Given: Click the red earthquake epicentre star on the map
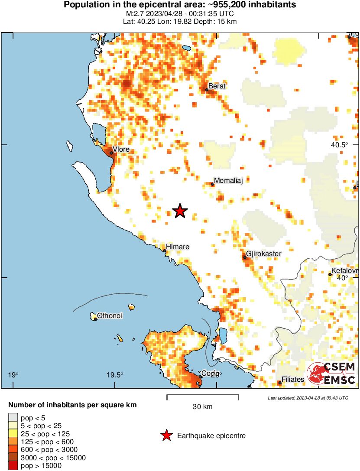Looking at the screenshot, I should [x=180, y=211].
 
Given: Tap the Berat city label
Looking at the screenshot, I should [x=217, y=86].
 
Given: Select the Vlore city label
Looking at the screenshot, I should [x=121, y=149].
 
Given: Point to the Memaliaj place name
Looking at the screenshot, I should [x=228, y=181].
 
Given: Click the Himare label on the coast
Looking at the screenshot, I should [x=178, y=247].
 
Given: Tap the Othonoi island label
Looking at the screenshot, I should [x=110, y=315].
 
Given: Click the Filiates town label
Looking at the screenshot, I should [x=293, y=379].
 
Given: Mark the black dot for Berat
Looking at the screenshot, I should [x=207, y=90].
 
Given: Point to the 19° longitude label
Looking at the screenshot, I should [x=13, y=375].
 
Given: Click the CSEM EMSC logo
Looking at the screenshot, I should [x=331, y=374].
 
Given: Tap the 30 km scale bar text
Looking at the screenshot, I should [x=202, y=406].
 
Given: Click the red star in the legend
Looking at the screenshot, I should [x=166, y=435].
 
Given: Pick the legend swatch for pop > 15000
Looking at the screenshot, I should [x=13, y=466].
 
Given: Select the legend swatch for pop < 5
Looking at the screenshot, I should [x=13, y=417].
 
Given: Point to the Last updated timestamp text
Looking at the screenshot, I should [x=308, y=397].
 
